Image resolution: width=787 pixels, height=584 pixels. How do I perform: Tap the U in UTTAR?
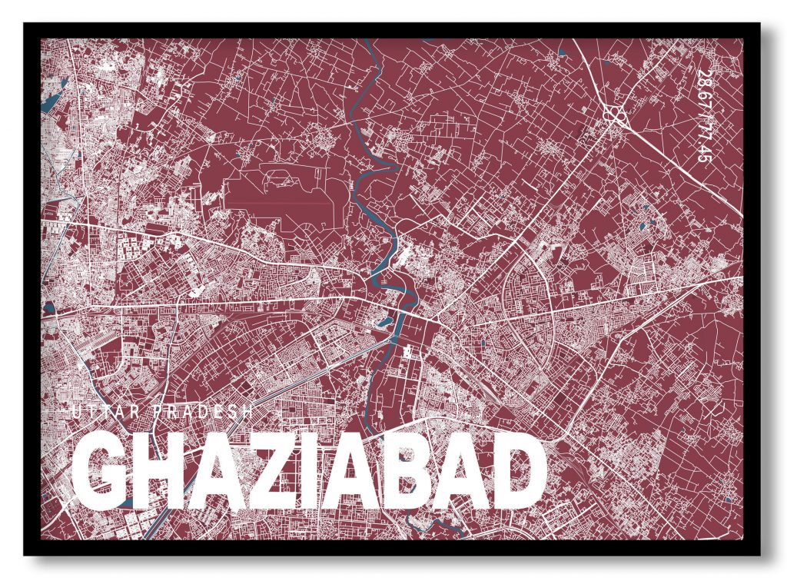(x=75, y=413)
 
